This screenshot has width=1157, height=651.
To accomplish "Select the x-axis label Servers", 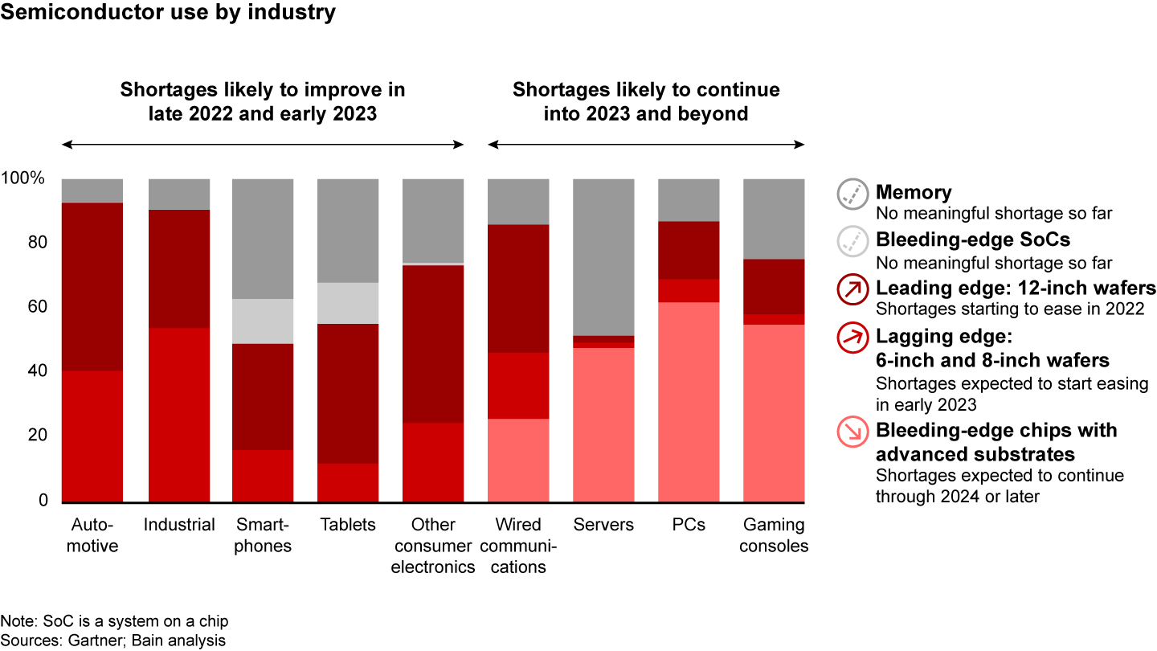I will (x=603, y=525).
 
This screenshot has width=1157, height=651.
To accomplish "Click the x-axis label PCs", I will (x=689, y=525).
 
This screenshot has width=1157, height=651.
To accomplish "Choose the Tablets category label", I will (x=348, y=525).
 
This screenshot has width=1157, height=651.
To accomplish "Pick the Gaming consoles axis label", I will (x=774, y=535).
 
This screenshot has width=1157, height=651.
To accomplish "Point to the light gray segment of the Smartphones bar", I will (x=263, y=321).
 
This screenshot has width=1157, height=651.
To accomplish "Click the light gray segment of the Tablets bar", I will (x=348, y=303).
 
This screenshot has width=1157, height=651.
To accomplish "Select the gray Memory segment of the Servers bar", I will (x=603, y=256).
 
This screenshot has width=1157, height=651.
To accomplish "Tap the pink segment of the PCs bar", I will (x=689, y=402).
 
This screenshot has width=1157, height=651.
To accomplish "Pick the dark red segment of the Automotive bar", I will (x=92, y=286).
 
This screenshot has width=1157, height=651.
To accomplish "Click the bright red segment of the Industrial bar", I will (x=179, y=414).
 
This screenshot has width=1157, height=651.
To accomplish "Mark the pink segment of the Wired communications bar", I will (x=518, y=461).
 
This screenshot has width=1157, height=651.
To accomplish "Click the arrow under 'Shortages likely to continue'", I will (x=646, y=145).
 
